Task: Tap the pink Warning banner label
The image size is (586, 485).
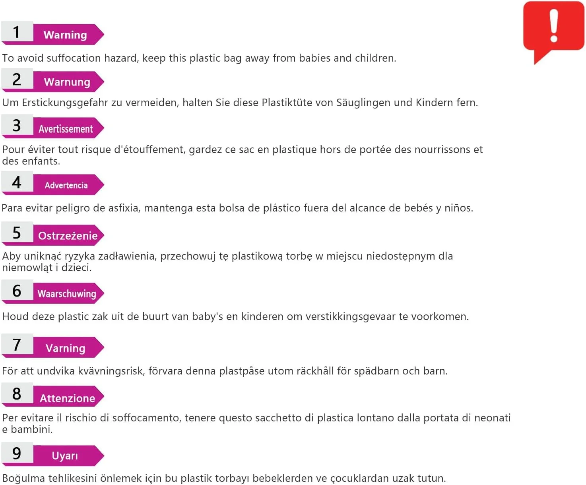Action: (66, 35)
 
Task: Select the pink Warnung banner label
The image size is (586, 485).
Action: (67, 82)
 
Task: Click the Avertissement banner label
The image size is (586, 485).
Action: (66, 129)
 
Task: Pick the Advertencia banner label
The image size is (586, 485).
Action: (66, 185)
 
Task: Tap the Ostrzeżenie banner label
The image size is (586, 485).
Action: (68, 236)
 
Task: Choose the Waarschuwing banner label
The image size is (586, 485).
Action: (67, 294)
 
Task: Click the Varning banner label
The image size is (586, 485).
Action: (66, 348)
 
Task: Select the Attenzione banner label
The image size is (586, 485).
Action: (67, 398)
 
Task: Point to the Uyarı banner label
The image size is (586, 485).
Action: (65, 456)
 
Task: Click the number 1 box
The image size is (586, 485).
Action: (17, 32)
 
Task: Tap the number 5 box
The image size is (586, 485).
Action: (17, 233)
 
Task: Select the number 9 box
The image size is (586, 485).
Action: (17, 454)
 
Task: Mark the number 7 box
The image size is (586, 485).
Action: (17, 345)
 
